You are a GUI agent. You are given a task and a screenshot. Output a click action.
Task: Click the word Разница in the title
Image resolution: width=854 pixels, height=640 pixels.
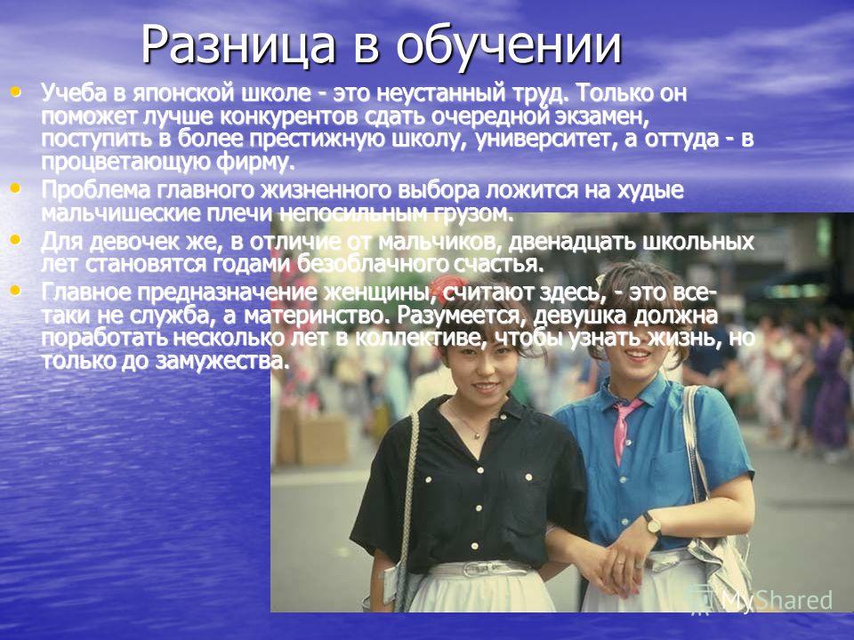tap(238, 45)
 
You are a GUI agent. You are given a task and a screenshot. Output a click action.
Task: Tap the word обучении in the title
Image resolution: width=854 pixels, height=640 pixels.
tap(509, 44)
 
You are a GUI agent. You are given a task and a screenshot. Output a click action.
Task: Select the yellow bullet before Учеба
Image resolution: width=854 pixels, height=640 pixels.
tap(16, 92)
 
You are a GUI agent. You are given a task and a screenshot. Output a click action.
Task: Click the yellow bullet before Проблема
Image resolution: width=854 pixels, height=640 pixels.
tap(16, 188)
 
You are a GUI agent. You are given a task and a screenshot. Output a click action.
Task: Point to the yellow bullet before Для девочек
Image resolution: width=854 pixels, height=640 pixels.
tap(16, 239)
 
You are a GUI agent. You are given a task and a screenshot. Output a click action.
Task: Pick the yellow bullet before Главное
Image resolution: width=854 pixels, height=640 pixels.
tap(16, 291)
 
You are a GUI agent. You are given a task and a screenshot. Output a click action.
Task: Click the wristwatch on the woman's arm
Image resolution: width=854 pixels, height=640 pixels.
tap(652, 524)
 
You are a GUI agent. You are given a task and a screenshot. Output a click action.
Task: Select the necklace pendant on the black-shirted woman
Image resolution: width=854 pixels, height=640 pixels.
tap(478, 435)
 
